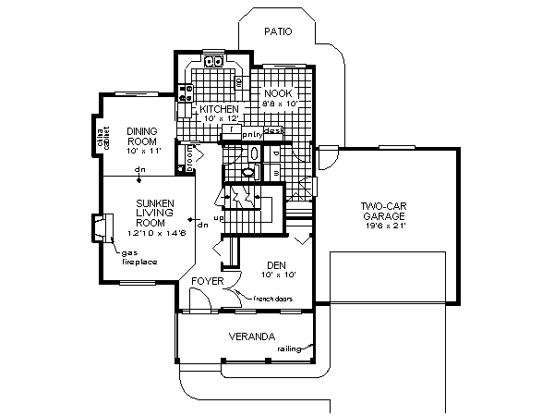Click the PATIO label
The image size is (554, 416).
[x=276, y=31]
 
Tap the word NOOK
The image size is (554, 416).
[x=277, y=93]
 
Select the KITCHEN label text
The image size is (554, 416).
[x=220, y=109]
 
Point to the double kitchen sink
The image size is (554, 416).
[x=213, y=63]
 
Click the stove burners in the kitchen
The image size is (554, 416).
[x=186, y=90]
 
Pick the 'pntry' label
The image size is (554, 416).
[x=252, y=133]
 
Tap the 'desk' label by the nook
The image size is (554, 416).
[x=272, y=131]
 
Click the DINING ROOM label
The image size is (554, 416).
[x=144, y=136]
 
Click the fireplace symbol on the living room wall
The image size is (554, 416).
[x=100, y=226]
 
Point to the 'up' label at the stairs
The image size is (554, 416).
[x=218, y=218]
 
